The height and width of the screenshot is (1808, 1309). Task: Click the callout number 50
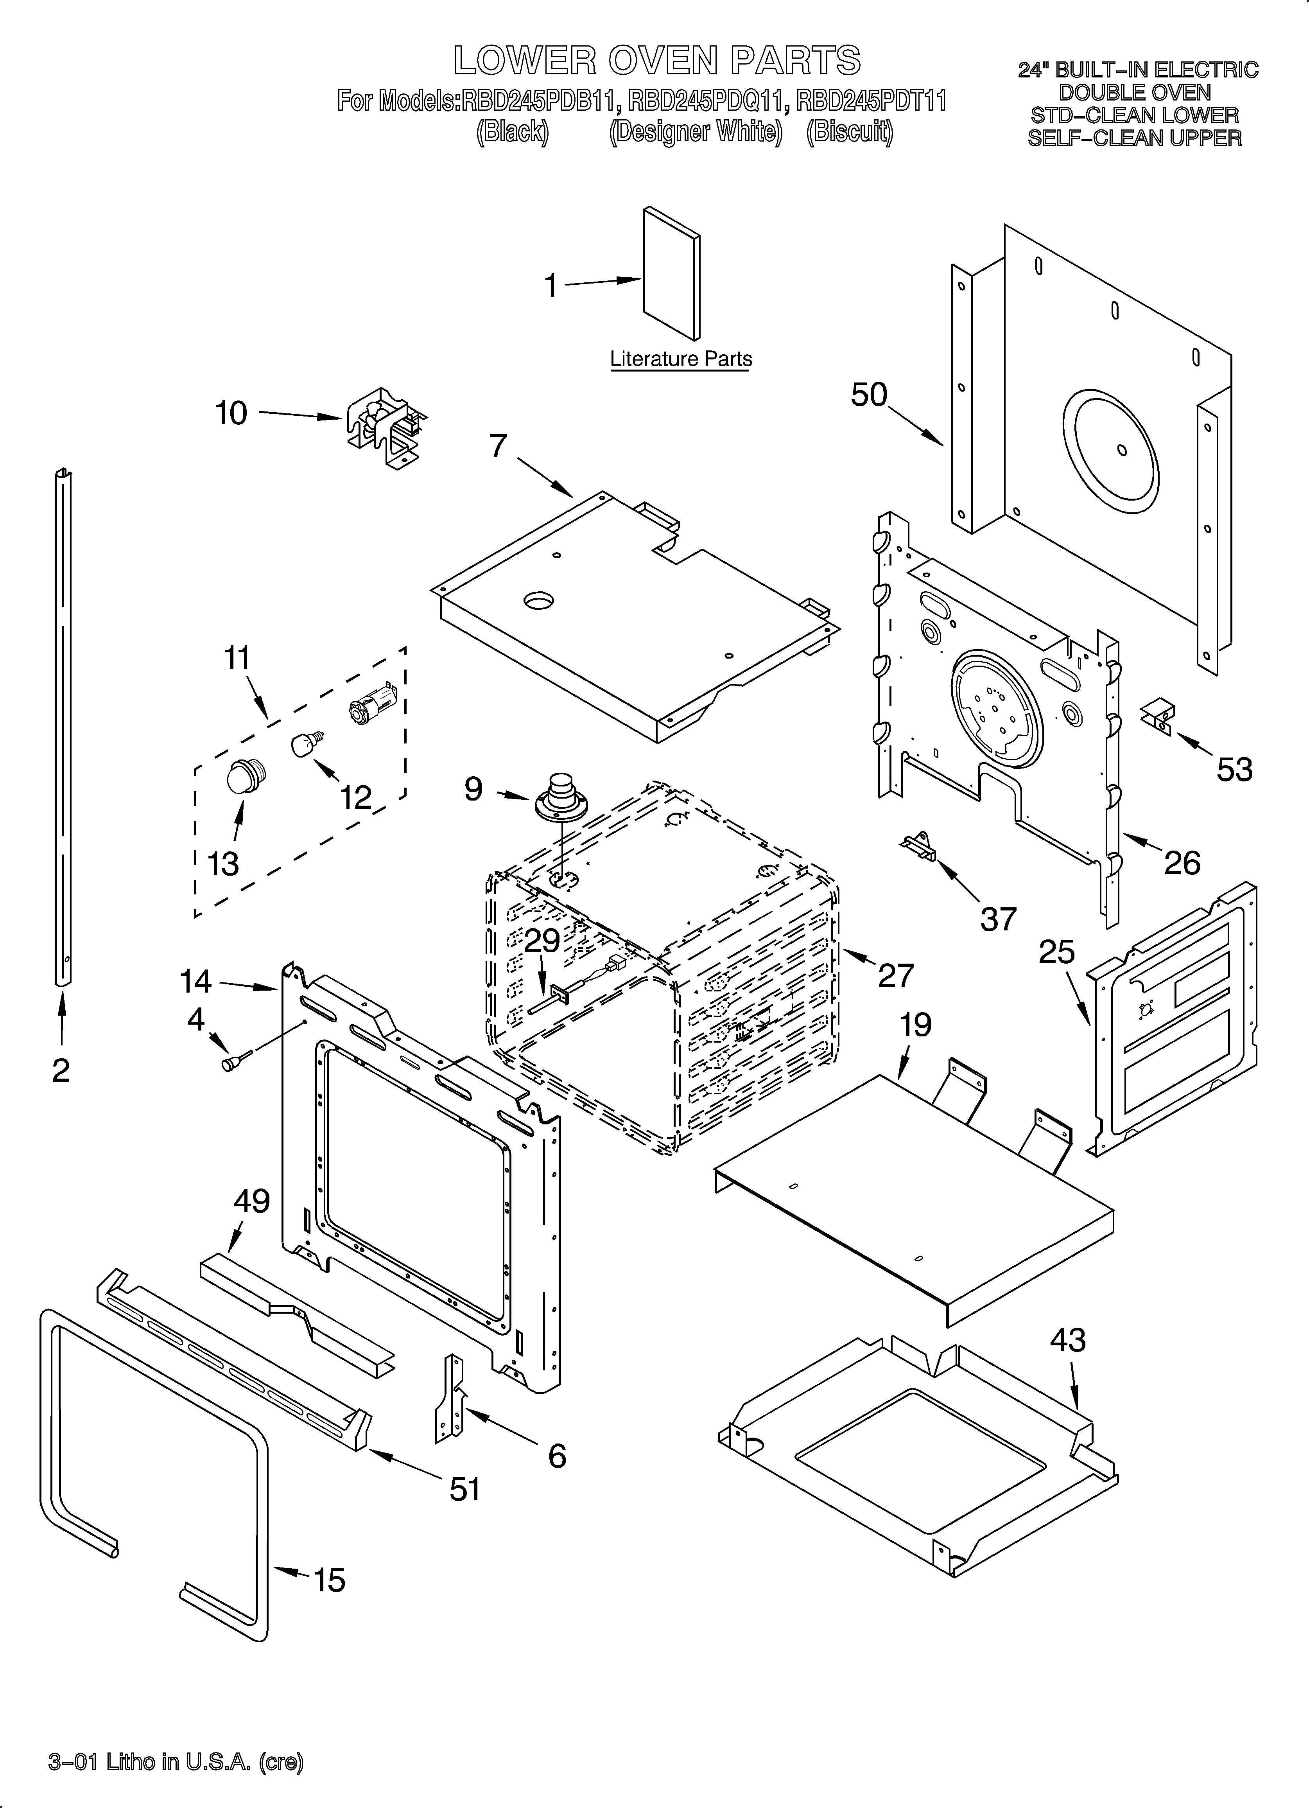click(x=869, y=395)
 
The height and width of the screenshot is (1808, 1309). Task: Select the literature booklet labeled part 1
click(x=671, y=273)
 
